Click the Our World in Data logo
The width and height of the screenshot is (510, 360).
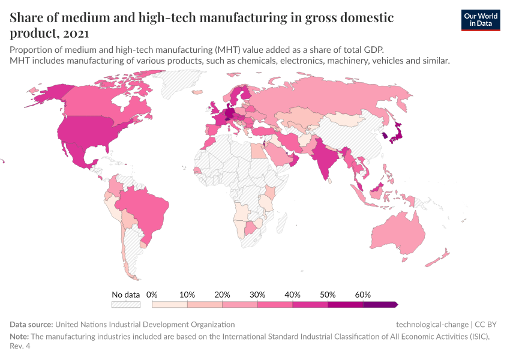(480, 20)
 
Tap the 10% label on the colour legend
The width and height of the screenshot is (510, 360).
(187, 295)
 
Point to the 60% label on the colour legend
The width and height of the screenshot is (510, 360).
(363, 295)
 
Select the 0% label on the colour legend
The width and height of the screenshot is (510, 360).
(152, 295)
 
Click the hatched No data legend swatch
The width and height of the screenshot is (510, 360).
(126, 304)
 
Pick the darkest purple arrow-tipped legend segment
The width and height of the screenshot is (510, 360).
(380, 304)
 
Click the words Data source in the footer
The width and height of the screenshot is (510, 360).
(31, 324)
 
